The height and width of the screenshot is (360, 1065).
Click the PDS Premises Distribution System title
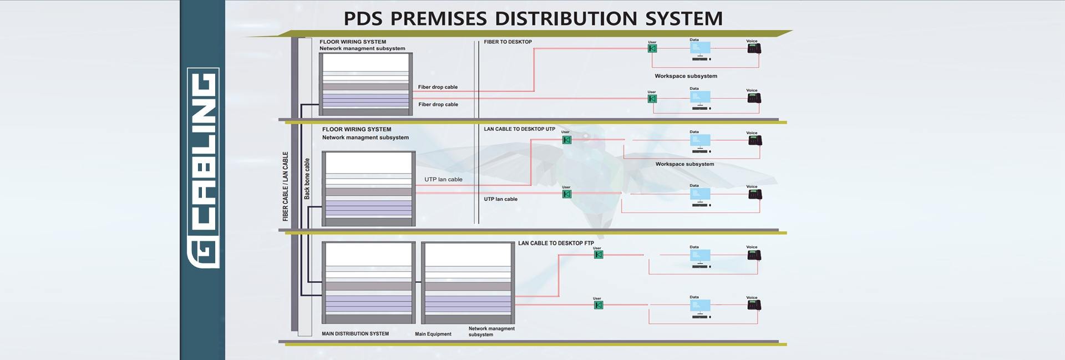[532, 18]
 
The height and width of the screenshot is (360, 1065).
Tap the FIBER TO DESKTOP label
[508, 42]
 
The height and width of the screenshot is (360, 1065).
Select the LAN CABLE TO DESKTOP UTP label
[519, 129]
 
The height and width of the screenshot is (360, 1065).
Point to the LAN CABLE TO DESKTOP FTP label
[556, 243]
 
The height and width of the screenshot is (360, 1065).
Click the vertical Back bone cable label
[307, 179]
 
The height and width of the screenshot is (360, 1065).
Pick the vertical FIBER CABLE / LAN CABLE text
[286, 186]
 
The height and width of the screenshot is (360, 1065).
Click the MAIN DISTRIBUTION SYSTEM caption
[355, 334]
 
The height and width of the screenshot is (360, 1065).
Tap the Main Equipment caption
[433, 334]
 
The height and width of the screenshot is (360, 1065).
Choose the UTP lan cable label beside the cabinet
[443, 180]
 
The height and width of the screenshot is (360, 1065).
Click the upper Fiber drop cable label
[438, 87]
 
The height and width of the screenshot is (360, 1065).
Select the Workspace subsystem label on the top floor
[686, 76]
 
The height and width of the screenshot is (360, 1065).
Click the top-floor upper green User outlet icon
[652, 49]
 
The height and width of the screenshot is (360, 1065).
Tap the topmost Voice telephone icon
[753, 49]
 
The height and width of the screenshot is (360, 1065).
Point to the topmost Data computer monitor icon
[700, 49]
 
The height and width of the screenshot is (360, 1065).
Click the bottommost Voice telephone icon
[753, 305]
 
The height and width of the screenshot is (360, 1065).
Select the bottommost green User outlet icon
[598, 305]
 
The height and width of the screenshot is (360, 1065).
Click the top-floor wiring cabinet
[366, 84]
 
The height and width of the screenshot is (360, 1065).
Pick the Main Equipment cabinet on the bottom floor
[468, 283]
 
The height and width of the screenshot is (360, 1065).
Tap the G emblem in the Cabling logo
[203, 253]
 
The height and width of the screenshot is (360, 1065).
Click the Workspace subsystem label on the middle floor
[684, 164]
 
